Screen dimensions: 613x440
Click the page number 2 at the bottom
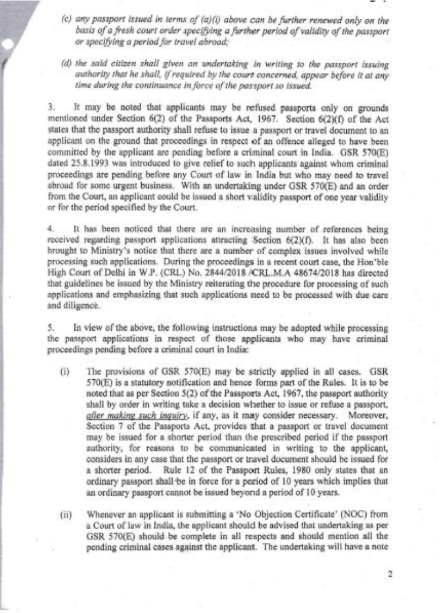tap(389, 573)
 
